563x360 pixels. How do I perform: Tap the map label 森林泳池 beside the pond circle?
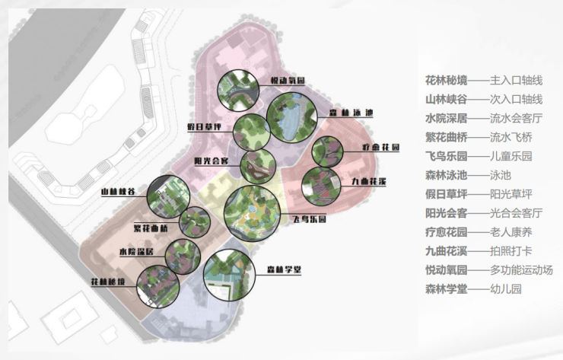click(351, 113)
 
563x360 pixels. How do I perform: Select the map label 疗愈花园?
click(376, 145)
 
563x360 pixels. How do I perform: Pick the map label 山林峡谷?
click(118, 193)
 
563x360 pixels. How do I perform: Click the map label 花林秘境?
click(109, 282)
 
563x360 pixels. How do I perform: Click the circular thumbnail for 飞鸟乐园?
click(253, 212)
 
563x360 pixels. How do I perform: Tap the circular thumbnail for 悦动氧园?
click(238, 91)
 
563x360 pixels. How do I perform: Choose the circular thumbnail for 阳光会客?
click(258, 166)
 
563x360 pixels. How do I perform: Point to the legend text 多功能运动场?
click(520, 270)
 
